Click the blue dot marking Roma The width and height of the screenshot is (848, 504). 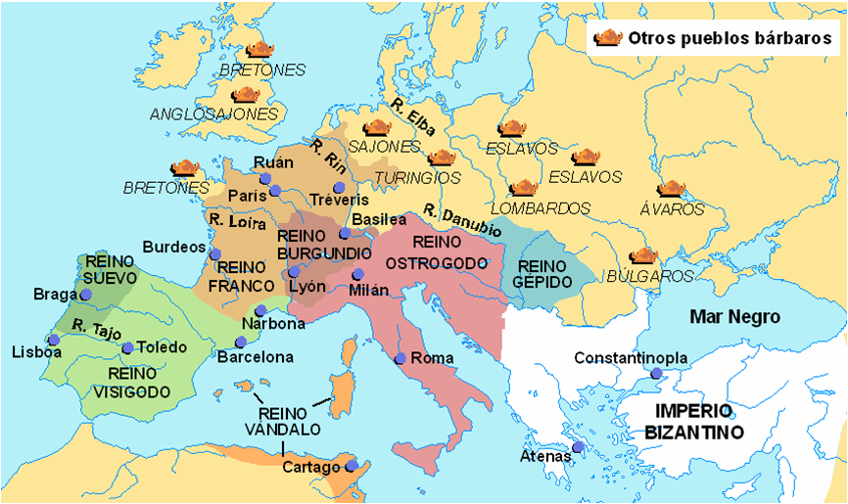coord(400,358)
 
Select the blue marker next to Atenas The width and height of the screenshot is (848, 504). coord(578,447)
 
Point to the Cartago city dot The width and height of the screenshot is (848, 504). coord(351,467)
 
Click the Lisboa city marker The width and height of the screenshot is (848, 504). coord(54,340)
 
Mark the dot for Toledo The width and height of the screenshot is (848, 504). coord(127,347)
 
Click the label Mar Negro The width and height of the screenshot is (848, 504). coord(734,317)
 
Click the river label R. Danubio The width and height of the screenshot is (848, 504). coord(462,221)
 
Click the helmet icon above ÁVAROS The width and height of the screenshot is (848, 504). coord(672,189)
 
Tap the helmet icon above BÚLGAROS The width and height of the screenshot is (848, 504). coord(643,256)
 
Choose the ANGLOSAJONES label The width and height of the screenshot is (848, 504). coord(214,114)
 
